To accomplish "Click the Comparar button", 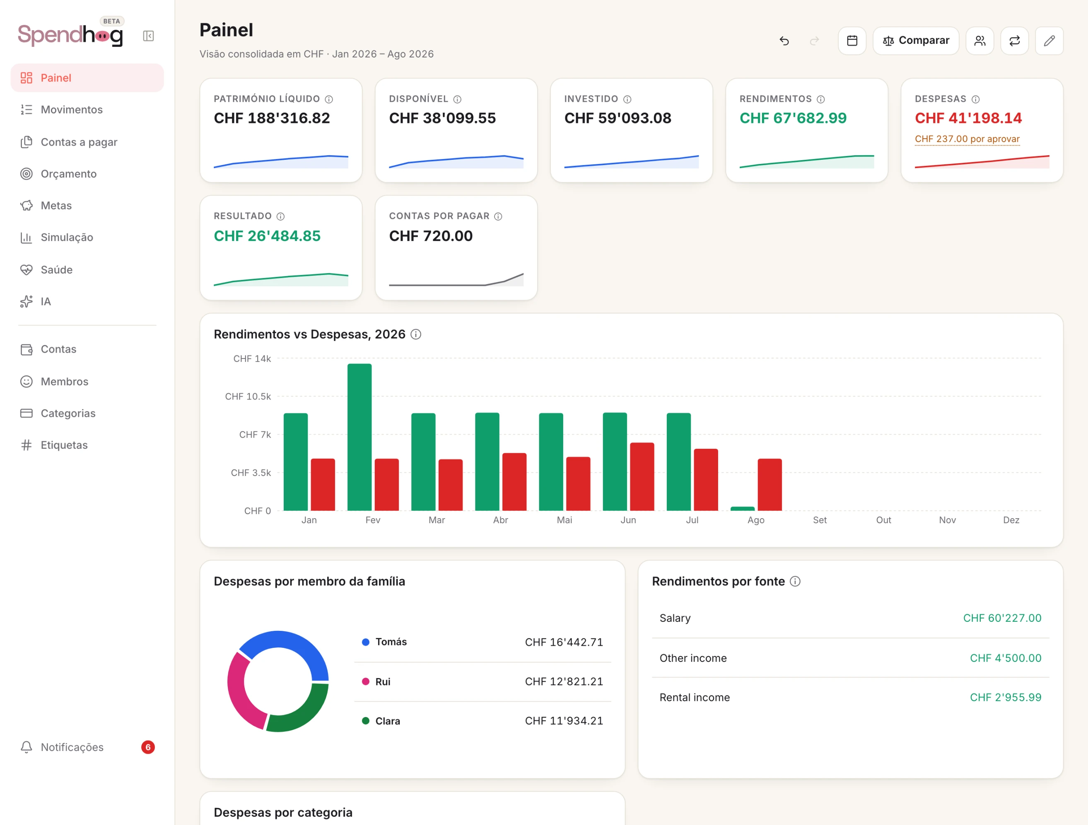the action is (916, 40).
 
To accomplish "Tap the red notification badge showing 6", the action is (148, 747).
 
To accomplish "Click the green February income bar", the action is (359, 437).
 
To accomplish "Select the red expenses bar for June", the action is (642, 476).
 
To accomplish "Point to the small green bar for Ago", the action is (743, 509).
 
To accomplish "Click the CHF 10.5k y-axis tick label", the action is (248, 396).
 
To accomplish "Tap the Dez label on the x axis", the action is (1011, 520).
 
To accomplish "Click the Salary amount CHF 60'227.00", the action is (1002, 618).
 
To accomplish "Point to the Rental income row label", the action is (695, 697).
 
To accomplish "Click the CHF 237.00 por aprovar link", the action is (967, 139).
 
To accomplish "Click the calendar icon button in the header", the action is (852, 40).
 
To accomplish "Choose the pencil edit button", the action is (1049, 40).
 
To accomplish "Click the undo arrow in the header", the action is (784, 40).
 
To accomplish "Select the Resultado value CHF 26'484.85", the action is (267, 236).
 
